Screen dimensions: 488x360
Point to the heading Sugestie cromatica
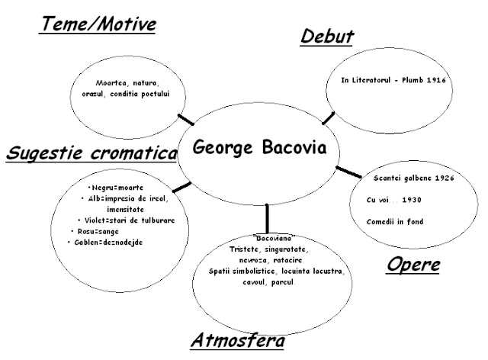91,153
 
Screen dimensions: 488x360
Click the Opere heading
414,266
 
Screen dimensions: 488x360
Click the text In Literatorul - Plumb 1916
393,79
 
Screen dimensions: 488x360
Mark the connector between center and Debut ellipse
329,117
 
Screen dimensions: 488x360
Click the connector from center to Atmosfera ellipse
267,216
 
